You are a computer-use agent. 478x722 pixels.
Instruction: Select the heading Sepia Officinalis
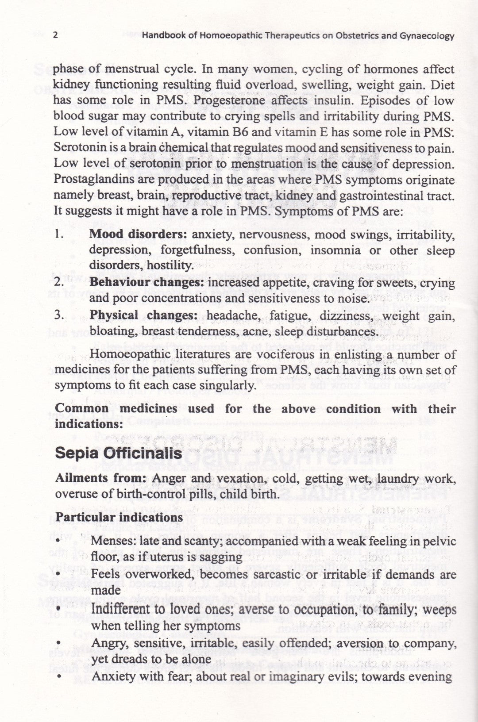(x=118, y=453)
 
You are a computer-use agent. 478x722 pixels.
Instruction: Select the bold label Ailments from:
(x=101, y=478)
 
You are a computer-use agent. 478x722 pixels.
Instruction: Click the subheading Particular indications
(x=119, y=517)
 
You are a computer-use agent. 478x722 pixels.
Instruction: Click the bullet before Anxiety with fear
(x=58, y=677)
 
